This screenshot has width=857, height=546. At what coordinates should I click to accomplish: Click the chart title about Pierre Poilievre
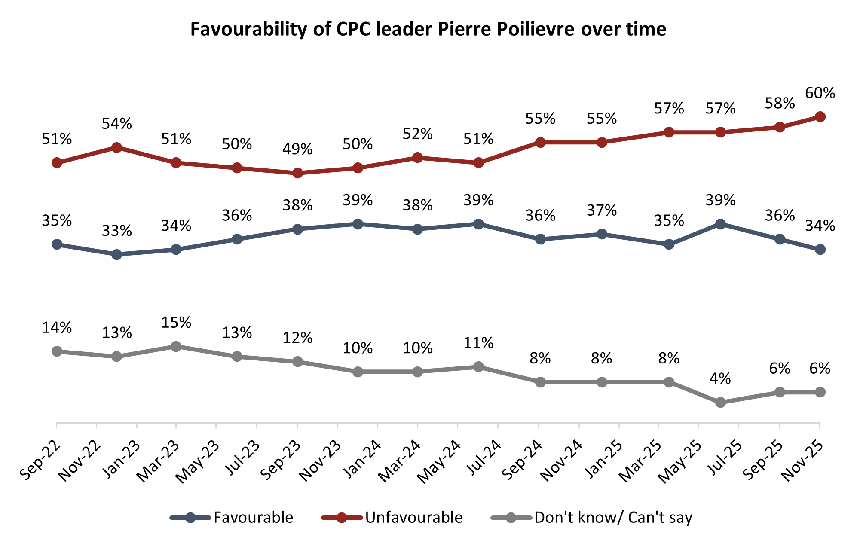coord(428,29)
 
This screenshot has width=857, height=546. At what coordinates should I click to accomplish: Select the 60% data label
coord(820,93)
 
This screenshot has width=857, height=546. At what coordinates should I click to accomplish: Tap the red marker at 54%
coord(116,147)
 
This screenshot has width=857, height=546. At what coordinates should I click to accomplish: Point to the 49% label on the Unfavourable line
coord(297,149)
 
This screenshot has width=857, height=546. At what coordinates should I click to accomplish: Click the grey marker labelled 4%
coord(721,403)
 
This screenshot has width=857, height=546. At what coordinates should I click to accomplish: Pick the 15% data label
coord(176,323)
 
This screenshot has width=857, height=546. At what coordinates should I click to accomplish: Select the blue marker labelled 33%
coord(116,255)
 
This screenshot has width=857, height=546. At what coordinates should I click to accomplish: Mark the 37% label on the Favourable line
coord(602,210)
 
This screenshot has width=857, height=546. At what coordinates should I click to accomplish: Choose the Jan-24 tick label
coord(361,460)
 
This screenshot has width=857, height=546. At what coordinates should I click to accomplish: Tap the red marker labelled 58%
coord(780,127)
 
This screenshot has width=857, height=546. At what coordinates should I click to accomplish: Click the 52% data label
coord(417,134)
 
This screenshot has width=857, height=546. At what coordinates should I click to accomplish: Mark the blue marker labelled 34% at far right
coord(820,250)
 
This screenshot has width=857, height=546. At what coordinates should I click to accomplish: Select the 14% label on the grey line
coord(57,328)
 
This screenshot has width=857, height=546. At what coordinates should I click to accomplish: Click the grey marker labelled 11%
coord(478,367)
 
